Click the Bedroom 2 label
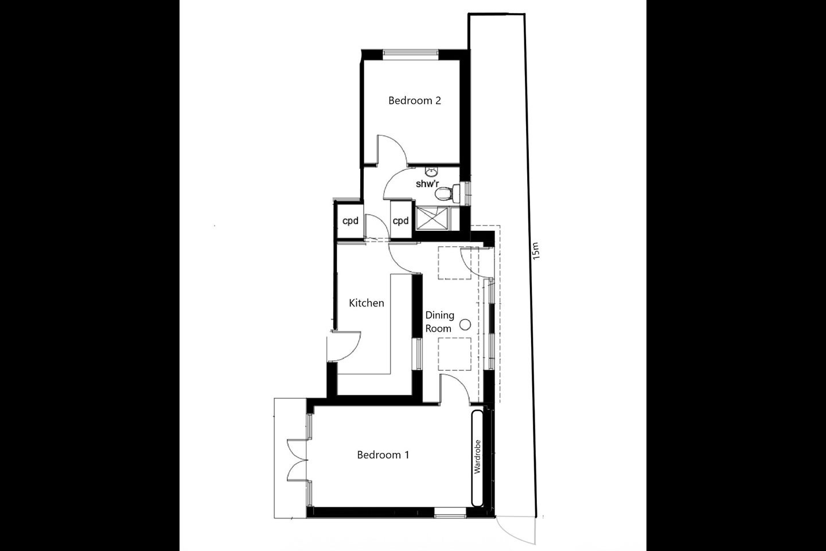click(x=415, y=100)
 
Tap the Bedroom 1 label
click(x=383, y=455)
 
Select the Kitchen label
click(x=367, y=303)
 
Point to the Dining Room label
click(x=439, y=322)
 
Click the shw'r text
click(x=427, y=184)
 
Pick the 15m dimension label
click(x=536, y=251)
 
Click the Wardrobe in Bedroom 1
click(x=477, y=458)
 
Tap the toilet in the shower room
click(x=447, y=193)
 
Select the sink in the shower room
click(x=431, y=172)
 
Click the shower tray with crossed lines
click(x=432, y=219)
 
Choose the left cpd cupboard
click(x=350, y=221)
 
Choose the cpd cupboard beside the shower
click(x=401, y=221)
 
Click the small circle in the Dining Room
click(x=465, y=325)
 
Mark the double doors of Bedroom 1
click(x=297, y=460)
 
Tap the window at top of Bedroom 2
click(x=411, y=55)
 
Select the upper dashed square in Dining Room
click(x=454, y=263)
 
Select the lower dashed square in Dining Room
click(x=454, y=354)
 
